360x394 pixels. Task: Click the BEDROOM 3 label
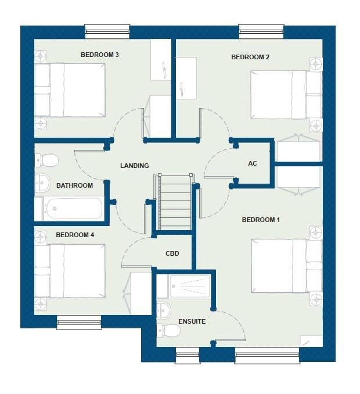pos(100,55)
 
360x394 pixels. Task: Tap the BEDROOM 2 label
pos(250,57)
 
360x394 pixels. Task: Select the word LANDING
pos(135,166)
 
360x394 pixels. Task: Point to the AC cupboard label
pos(253,163)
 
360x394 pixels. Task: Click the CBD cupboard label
pos(172,253)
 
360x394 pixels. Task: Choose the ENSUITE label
pos(192,321)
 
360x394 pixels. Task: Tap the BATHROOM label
pos(74,185)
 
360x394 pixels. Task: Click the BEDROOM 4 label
pos(75,235)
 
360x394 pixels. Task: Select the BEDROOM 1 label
pos(261,220)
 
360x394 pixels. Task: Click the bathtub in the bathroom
pos(73,209)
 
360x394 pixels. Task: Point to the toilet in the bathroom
pos(46,160)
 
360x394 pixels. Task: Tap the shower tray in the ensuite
pos(189,286)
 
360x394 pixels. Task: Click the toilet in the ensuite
pos(168,330)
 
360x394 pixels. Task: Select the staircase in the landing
pos(175,202)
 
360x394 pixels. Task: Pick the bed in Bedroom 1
pos(286,266)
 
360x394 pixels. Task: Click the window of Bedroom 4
pos(79,322)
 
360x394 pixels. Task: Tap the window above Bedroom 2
pos(261,31)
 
